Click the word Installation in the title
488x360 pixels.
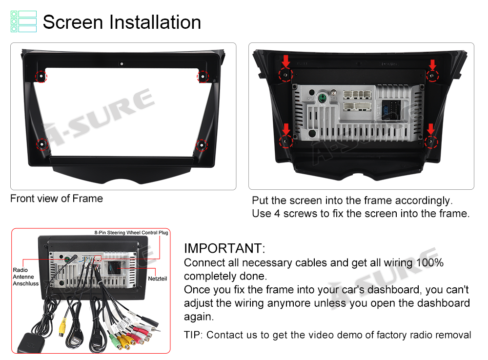[x=155, y=22]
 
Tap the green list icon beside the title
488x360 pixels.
[x=23, y=21]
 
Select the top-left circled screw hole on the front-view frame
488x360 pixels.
[x=41, y=76]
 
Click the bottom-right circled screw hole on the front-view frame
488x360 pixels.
[x=202, y=145]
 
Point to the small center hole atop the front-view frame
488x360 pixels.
[x=122, y=64]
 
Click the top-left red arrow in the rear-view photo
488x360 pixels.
[x=285, y=61]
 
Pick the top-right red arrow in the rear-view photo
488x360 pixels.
[x=432, y=65]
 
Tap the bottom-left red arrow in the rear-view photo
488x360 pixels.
[x=286, y=129]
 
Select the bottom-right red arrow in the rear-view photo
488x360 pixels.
[x=430, y=129]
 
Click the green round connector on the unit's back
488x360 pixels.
[x=322, y=99]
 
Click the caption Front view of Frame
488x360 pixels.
[x=56, y=199]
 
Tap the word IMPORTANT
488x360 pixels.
[x=223, y=248]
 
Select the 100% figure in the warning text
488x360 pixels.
[x=430, y=262]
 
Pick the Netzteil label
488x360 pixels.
[x=158, y=279]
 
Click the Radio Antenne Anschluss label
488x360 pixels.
[x=25, y=277]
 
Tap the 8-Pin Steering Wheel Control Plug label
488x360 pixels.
[x=131, y=232]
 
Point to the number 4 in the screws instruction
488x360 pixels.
[x=277, y=214]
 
